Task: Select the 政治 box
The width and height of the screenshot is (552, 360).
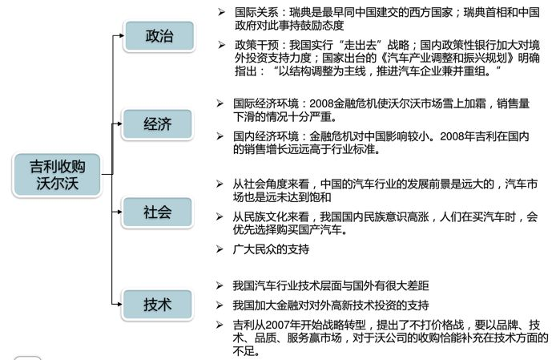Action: pos(157,37)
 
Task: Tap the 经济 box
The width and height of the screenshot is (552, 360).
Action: pos(157,124)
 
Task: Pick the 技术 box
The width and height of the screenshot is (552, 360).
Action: pos(157,304)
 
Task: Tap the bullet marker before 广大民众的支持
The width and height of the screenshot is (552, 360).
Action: pos(220,249)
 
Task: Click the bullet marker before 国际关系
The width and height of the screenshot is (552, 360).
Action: pos(220,13)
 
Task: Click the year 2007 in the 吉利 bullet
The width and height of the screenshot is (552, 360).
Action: pos(284,324)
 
